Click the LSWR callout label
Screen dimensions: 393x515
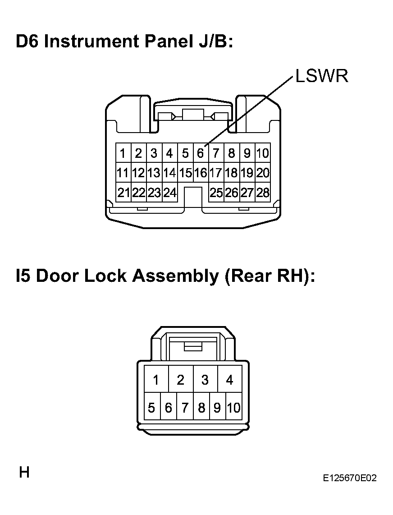321,76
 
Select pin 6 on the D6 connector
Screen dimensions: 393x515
201,153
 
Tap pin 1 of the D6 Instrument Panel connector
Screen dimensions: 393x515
123,153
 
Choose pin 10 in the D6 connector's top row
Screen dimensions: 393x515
263,153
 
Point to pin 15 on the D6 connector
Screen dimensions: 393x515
186,172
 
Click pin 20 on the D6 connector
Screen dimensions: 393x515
263,172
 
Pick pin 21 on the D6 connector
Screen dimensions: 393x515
123,192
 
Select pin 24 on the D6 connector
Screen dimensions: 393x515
170,192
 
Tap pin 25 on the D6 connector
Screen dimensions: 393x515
216,192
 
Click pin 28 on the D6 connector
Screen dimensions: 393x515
263,192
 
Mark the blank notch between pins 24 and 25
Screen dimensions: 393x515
193,197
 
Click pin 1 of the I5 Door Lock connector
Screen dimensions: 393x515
156,379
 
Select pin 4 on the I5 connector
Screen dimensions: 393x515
229,379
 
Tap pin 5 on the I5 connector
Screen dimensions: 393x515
152,407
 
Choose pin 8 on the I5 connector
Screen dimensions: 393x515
201,407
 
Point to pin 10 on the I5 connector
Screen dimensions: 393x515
233,407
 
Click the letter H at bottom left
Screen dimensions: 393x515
24,472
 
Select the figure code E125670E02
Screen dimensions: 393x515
349,478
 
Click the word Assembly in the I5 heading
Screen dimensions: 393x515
175,276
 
